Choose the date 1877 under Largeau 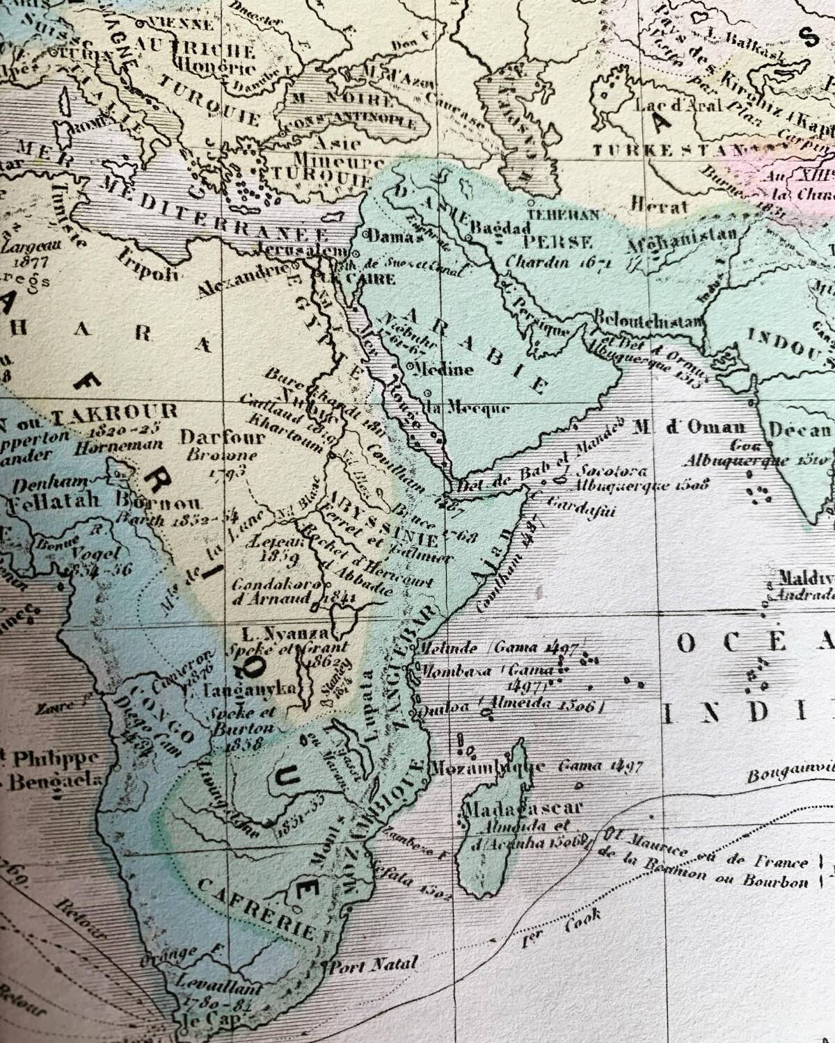pos(29,263)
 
